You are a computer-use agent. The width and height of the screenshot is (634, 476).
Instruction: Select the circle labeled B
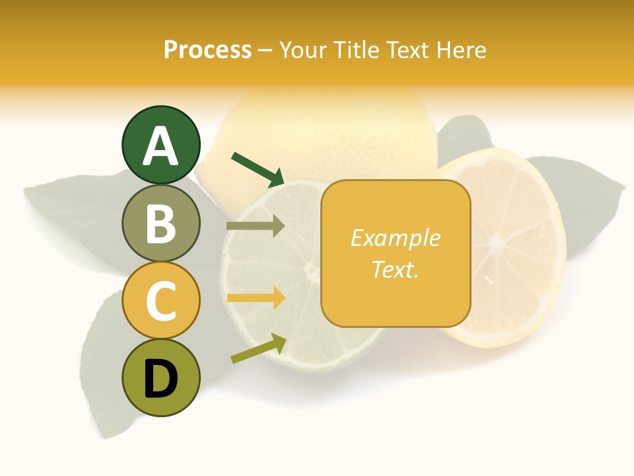click(x=161, y=223)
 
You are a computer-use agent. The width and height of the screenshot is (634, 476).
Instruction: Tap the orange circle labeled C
click(x=161, y=300)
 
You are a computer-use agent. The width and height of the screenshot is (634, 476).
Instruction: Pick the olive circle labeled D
click(x=161, y=377)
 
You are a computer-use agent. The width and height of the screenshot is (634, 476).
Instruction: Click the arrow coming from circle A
click(x=258, y=169)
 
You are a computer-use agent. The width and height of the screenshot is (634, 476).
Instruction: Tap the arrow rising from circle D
click(x=258, y=348)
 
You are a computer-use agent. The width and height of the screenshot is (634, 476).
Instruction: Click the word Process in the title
click(x=207, y=50)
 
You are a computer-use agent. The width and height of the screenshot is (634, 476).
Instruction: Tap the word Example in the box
click(x=396, y=238)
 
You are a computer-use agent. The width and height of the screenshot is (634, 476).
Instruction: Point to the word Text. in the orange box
click(x=396, y=269)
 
